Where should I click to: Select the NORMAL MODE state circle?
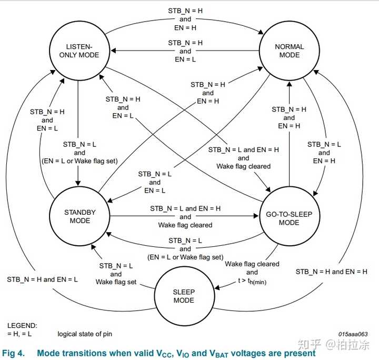(x=290, y=50)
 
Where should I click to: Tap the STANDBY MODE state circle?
(x=80, y=216)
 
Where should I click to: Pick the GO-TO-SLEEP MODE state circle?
(x=290, y=218)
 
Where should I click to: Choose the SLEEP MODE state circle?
(x=184, y=296)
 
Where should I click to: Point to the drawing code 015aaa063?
(x=353, y=334)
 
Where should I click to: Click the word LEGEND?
(x=22, y=326)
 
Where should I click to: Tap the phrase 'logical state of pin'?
(x=85, y=334)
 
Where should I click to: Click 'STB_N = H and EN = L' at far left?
(x=42, y=279)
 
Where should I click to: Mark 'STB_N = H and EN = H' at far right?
(x=331, y=272)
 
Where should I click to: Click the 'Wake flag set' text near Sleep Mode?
(x=116, y=282)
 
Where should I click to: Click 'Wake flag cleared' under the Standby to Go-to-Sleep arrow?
(x=185, y=225)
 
